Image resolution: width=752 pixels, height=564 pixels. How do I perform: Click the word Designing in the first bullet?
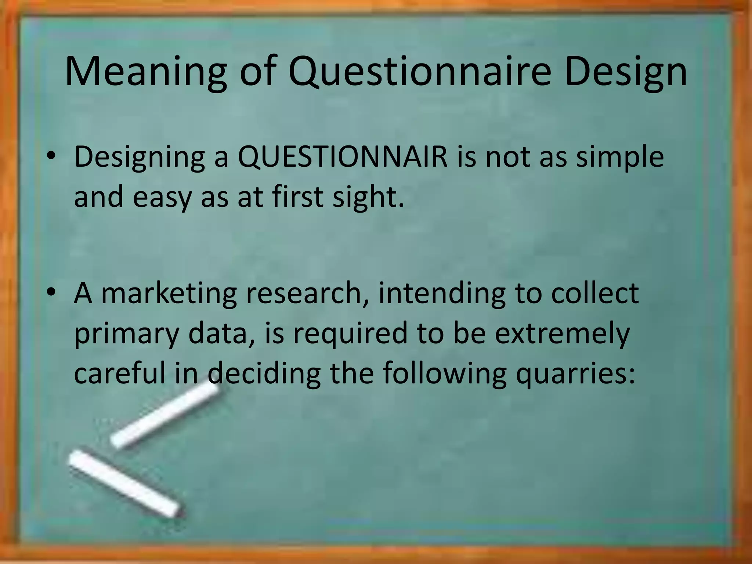[x=139, y=157]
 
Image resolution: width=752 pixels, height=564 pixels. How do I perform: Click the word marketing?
[x=169, y=293]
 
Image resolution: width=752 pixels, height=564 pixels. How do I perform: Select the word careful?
[x=120, y=373]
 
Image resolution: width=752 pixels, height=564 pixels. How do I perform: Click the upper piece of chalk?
[x=165, y=419]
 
